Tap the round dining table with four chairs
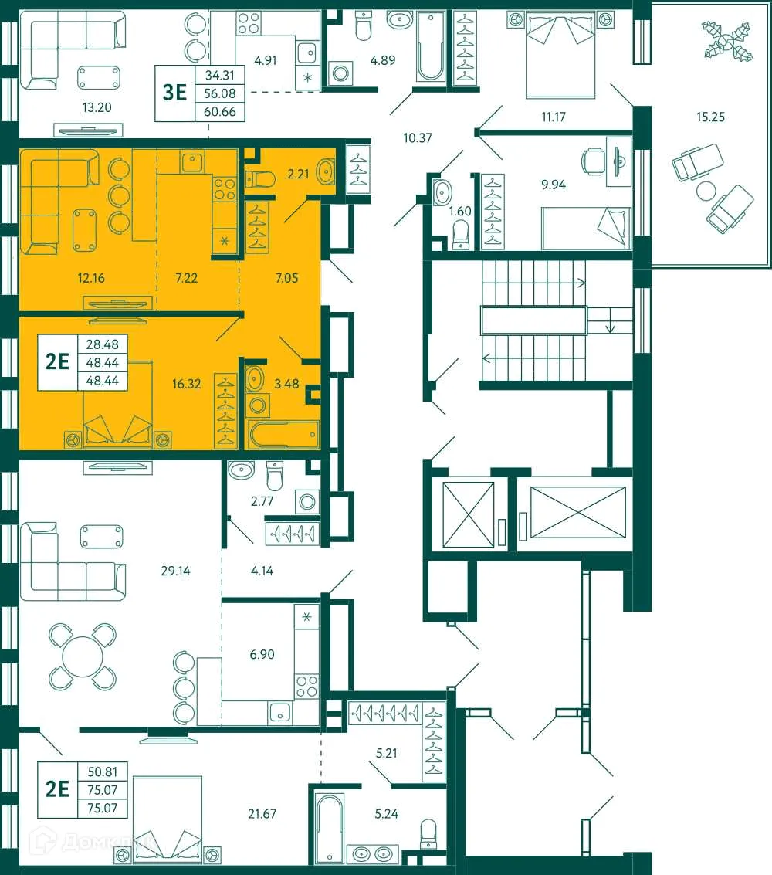point(82,657)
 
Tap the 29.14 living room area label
point(174,572)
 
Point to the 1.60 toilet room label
point(461,210)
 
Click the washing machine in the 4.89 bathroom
point(340,74)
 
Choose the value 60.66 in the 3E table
point(220,112)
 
